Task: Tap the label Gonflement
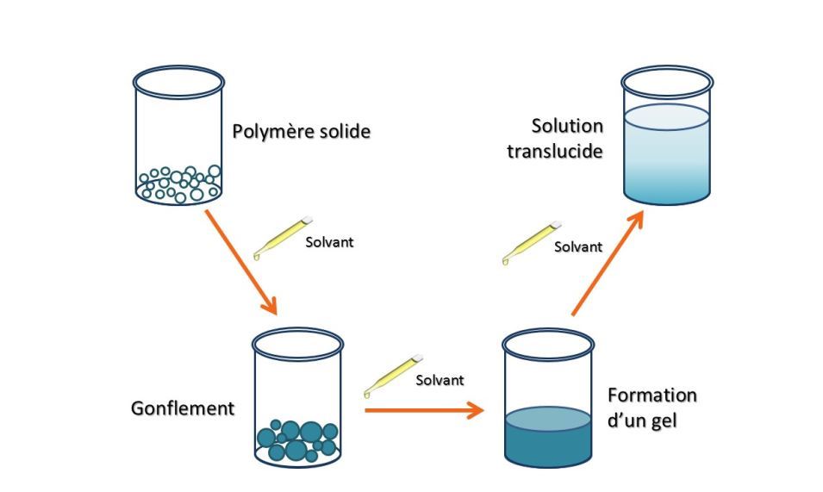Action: pyautogui.click(x=182, y=408)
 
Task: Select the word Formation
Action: pyautogui.click(x=652, y=395)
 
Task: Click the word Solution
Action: pyautogui.click(x=567, y=126)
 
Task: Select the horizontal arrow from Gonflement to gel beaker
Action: pyautogui.click(x=423, y=409)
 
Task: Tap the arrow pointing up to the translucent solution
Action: pyautogui.click(x=608, y=263)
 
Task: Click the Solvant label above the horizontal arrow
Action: pyautogui.click(x=440, y=380)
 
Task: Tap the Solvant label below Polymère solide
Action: pyautogui.click(x=329, y=242)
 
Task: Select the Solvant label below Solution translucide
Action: pyautogui.click(x=577, y=246)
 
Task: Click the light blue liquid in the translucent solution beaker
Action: pyautogui.click(x=667, y=159)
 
